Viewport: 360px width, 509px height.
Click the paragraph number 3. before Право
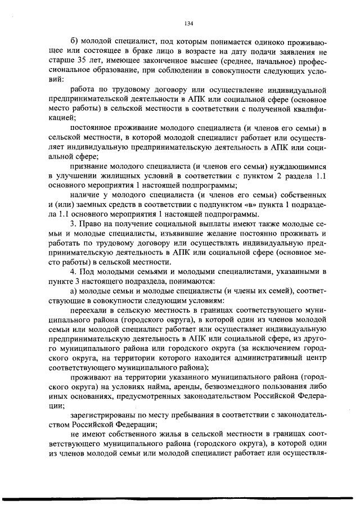pyautogui.click(x=73, y=224)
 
